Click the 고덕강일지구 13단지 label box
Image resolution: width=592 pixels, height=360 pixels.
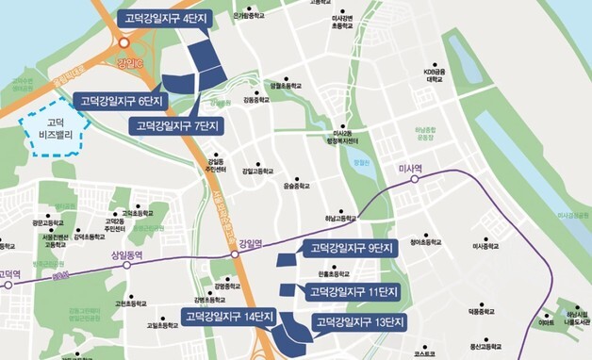tap(359, 323)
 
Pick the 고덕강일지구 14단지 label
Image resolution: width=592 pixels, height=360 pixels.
tap(226, 316)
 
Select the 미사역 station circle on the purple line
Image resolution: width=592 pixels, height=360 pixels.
tap(412, 178)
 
